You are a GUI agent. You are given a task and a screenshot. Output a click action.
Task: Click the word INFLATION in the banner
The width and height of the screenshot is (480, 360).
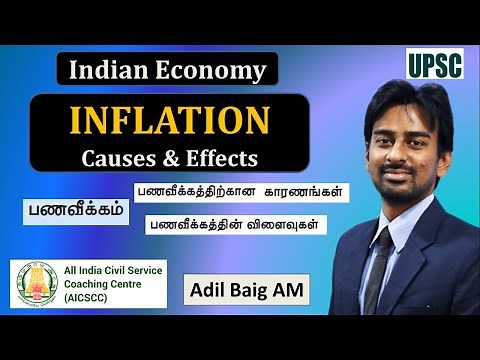click(x=168, y=122)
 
